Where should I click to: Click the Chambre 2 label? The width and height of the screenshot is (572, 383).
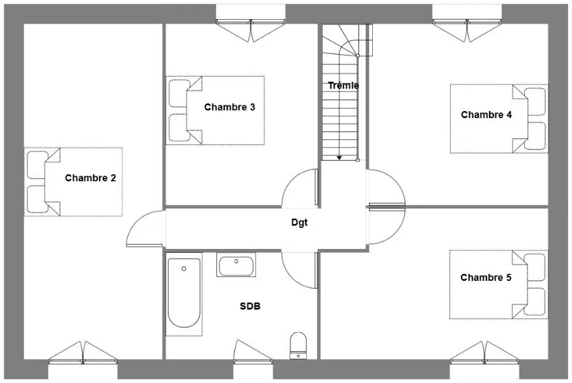tap(91, 178)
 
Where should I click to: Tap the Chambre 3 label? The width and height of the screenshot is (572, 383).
tap(229, 107)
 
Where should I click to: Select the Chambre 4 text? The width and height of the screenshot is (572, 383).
tap(486, 115)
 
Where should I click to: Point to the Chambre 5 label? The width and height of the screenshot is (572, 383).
tap(486, 278)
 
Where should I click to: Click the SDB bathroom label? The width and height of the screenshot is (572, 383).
tap(250, 306)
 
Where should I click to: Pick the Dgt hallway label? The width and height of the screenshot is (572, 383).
tap(299, 223)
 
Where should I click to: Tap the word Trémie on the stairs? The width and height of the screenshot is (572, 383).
tap(343, 86)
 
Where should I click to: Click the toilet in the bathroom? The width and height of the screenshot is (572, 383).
tap(298, 345)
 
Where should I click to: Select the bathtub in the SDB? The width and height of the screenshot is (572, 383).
tap(184, 294)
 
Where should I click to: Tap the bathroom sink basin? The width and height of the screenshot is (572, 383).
tap(236, 265)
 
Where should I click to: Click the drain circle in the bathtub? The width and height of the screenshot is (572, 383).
tap(184, 269)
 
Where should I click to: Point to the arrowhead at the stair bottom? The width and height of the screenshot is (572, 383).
tap(339, 158)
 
